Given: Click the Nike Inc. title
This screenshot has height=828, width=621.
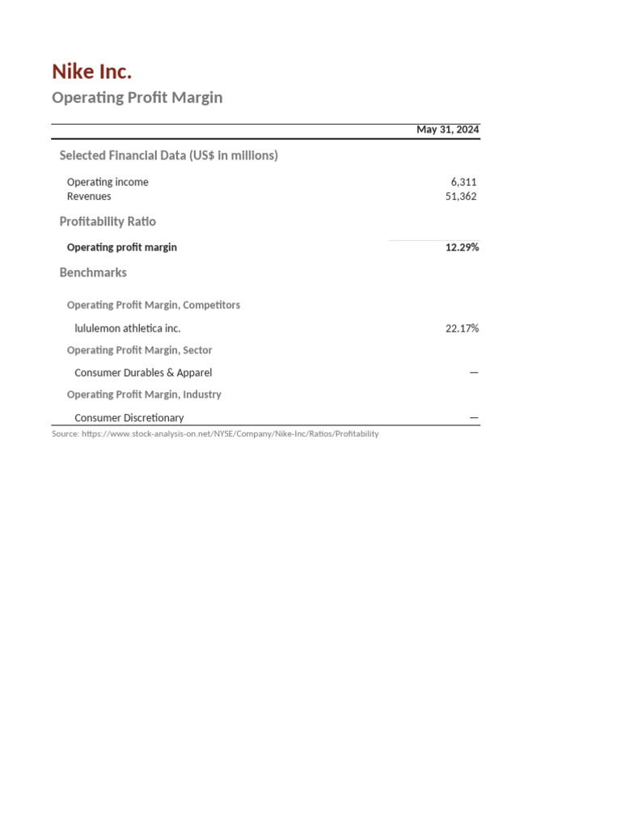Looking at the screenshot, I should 91,72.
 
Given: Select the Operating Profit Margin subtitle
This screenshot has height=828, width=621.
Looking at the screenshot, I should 137,98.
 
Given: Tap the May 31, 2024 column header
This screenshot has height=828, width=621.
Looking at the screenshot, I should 447,129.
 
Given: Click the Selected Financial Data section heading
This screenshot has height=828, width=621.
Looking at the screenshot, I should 168,155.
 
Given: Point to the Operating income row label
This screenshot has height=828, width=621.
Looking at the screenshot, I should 108,182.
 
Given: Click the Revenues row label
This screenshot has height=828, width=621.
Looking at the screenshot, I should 89,196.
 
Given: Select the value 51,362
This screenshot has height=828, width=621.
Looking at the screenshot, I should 460,196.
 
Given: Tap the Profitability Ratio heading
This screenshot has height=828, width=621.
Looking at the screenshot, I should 108,222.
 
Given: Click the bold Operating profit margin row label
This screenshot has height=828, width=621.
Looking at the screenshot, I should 121,247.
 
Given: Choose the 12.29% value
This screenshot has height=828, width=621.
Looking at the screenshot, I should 462,247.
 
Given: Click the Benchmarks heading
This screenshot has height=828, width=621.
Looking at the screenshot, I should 93,272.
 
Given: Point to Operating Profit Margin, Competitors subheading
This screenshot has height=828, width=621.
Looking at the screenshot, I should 153,306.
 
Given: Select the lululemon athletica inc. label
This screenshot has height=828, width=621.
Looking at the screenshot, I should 127,329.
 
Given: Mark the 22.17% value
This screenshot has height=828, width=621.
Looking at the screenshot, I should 462,329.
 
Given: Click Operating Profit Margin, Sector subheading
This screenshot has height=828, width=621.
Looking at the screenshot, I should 139,350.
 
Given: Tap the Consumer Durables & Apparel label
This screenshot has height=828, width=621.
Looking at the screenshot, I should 143,373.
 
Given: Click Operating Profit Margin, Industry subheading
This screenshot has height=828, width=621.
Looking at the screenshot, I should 144,395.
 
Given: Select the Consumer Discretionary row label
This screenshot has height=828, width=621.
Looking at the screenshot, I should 129,418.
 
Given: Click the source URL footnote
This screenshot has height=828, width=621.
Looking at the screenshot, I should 215,434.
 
